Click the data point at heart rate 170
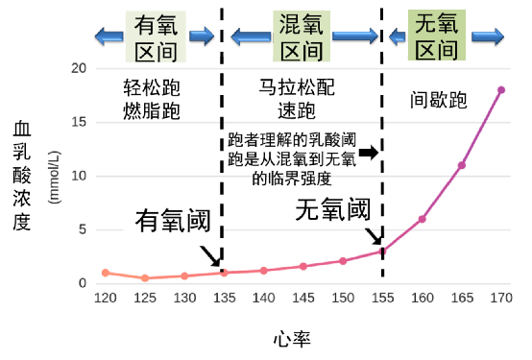[500, 90]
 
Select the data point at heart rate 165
[461, 165]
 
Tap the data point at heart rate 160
[422, 219]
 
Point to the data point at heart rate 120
[106, 273]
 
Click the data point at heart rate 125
[145, 278]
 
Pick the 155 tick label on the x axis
[382, 298]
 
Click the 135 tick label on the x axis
[224, 298]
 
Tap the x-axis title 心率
[290, 338]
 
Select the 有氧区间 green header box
[156, 36]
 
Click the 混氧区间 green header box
[301, 36]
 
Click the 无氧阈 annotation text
[331, 207]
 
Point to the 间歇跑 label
[438, 99]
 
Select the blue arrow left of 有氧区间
[108, 36]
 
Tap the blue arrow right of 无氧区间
[486, 36]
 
